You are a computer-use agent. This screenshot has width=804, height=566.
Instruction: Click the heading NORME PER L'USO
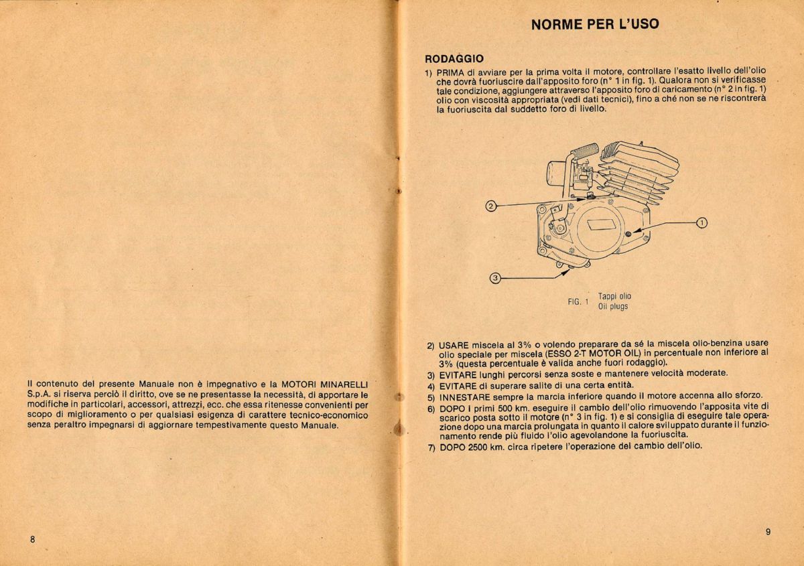tap(594, 25)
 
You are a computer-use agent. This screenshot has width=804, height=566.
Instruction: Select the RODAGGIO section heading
tap(454, 58)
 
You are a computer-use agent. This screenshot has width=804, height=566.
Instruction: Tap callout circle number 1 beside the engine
tap(701, 223)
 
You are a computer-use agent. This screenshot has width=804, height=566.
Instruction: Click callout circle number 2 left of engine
tap(490, 206)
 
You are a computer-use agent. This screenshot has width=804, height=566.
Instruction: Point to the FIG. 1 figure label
tap(578, 302)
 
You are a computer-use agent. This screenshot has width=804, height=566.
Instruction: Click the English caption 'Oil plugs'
tap(613, 307)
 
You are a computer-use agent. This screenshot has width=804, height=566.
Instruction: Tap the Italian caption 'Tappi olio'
tap(614, 296)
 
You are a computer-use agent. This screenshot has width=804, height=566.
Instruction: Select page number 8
tap(31, 540)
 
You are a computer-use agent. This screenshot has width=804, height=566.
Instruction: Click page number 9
tap(768, 532)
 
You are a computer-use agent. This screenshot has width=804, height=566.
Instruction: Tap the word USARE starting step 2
tap(454, 344)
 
